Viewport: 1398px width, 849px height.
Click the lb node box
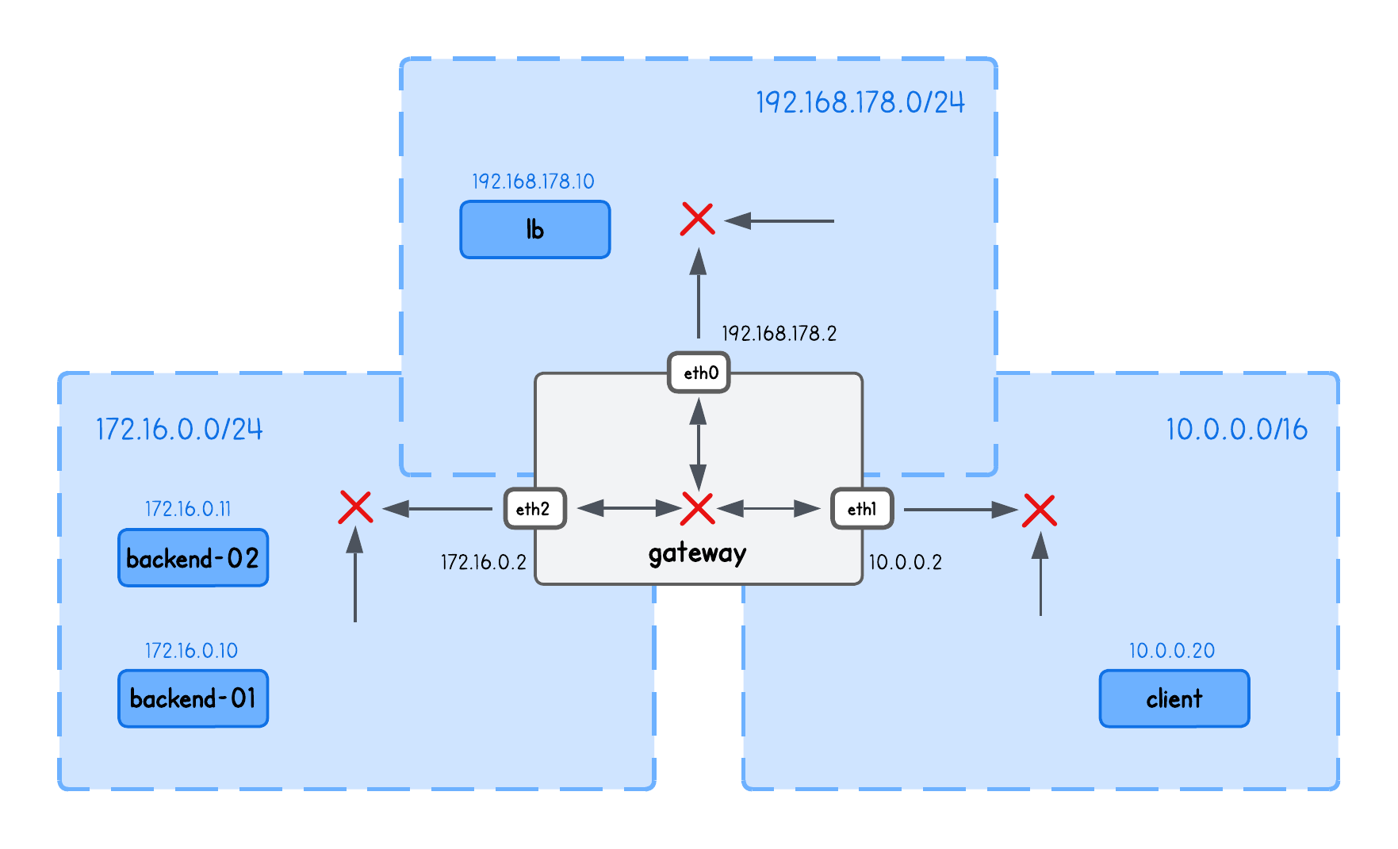535,230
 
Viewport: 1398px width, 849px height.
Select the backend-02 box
193,558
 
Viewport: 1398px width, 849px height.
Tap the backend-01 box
193,698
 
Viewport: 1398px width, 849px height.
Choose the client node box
1174,698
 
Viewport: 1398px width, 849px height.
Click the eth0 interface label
699,373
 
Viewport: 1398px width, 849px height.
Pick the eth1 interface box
862,509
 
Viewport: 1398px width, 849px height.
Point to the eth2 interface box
535,509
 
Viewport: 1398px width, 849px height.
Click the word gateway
697,553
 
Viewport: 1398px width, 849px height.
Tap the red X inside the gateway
698,508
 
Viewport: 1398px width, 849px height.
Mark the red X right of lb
698,219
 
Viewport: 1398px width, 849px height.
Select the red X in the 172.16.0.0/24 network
355,507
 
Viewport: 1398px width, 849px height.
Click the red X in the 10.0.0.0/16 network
1040,511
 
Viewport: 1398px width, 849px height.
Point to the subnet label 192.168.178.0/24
860,102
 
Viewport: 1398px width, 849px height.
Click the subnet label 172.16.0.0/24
179,429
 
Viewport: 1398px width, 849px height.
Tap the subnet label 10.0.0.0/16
1236,429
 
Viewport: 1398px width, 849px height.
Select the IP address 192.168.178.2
779,334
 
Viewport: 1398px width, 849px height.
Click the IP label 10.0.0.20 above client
1171,651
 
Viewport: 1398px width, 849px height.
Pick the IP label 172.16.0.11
188,509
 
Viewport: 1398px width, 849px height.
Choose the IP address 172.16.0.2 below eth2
484,562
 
